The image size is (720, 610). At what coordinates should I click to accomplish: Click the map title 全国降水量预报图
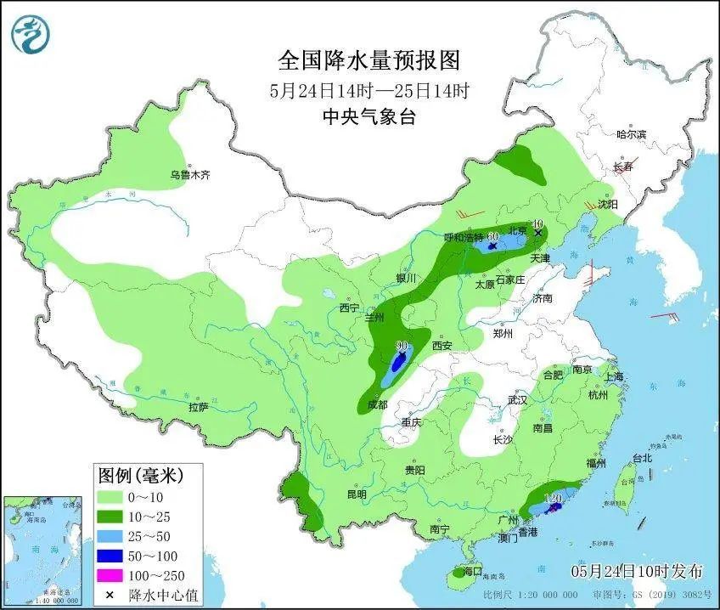[368, 60]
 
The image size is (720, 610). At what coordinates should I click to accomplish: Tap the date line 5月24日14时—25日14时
[369, 91]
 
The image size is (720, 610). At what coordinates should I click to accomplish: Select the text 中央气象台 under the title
[369, 118]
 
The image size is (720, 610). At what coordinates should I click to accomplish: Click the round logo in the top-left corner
[31, 33]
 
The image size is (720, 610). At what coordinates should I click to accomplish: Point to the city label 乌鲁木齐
[189, 175]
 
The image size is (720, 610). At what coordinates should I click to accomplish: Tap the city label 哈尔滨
[631, 134]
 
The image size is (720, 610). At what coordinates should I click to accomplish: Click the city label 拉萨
[198, 407]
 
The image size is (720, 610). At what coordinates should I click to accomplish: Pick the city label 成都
[377, 404]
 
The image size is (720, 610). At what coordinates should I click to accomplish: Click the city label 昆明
[356, 494]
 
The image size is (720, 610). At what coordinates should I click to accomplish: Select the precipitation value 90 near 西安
[402, 347]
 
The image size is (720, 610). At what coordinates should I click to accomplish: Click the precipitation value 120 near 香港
[556, 497]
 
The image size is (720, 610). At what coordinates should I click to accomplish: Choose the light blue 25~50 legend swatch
[110, 537]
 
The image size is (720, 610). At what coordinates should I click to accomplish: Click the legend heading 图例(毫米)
[140, 473]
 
